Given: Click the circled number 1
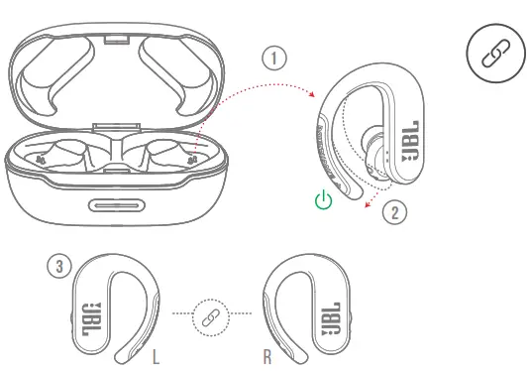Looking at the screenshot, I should (274, 58).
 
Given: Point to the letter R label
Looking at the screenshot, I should (267, 357).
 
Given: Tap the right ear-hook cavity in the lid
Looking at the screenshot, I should (173, 74).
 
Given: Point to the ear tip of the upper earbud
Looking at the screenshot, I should (373, 154).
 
